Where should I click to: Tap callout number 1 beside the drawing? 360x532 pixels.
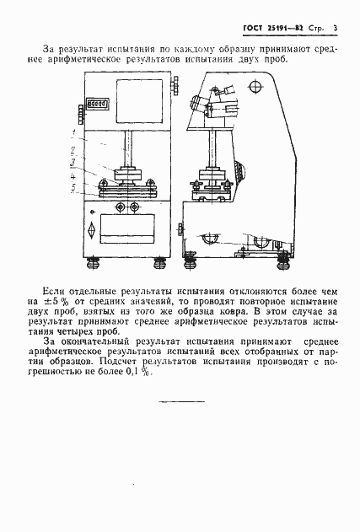74,134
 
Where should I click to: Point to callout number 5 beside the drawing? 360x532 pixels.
74,189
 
